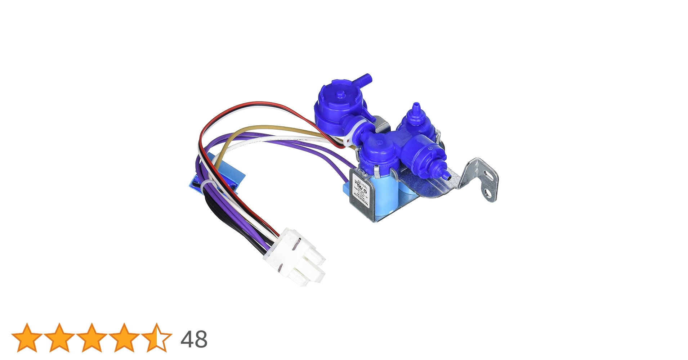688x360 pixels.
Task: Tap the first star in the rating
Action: click(x=27, y=338)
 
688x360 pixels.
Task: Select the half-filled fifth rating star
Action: click(x=157, y=338)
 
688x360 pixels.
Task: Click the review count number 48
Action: click(x=194, y=339)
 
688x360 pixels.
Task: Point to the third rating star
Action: click(x=92, y=338)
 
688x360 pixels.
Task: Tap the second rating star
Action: click(x=59, y=338)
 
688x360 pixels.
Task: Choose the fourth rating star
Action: click(x=124, y=338)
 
